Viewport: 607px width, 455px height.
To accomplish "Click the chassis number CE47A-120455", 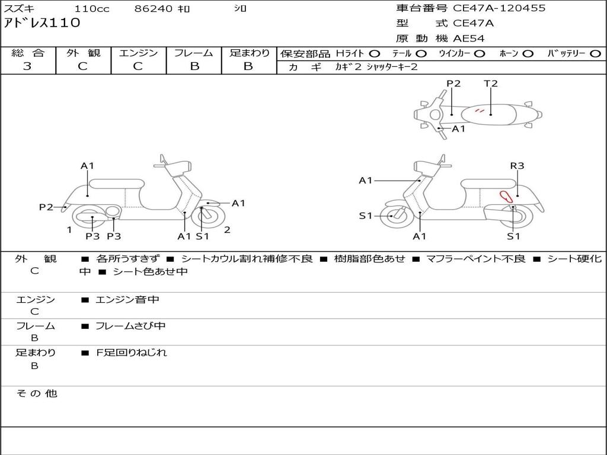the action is point(499,8).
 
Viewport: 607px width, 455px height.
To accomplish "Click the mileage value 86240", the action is point(154,9).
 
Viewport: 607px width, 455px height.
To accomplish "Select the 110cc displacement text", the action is point(88,9).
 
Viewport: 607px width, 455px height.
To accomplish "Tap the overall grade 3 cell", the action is point(27,66).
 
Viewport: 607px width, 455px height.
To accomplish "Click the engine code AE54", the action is point(469,39).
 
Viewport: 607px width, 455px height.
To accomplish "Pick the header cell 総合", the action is point(28,53).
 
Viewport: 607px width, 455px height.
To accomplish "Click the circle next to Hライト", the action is point(375,53).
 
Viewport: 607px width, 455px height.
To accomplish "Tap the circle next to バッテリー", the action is point(595,53).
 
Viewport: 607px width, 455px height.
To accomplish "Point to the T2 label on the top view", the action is point(491,84).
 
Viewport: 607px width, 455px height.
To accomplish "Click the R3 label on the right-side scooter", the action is point(517,166).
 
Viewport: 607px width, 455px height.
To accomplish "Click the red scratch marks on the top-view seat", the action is point(481,111).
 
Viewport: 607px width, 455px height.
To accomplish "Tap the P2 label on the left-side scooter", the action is point(46,207).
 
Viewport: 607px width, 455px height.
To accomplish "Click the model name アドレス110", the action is point(42,23).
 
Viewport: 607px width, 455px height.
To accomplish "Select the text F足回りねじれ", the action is point(131,353).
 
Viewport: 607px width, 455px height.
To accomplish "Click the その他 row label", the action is point(36,393).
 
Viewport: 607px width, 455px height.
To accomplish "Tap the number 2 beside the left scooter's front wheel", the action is point(227,230).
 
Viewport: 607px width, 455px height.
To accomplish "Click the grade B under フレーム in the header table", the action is point(194,66).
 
